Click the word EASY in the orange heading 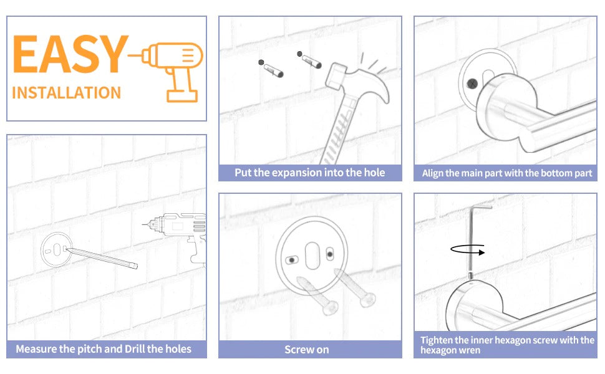click(70, 54)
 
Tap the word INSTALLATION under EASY click(66, 93)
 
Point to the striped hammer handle click(339, 131)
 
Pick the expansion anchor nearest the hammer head click(309, 59)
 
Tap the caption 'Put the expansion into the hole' click(310, 172)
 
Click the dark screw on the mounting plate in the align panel click(472, 84)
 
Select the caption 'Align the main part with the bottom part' click(507, 173)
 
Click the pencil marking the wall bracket click(102, 258)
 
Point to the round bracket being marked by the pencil click(56, 250)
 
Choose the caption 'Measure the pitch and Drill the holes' click(104, 349)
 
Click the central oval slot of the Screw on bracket click(312, 256)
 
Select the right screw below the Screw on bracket click(355, 288)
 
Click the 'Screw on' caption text click(307, 350)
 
